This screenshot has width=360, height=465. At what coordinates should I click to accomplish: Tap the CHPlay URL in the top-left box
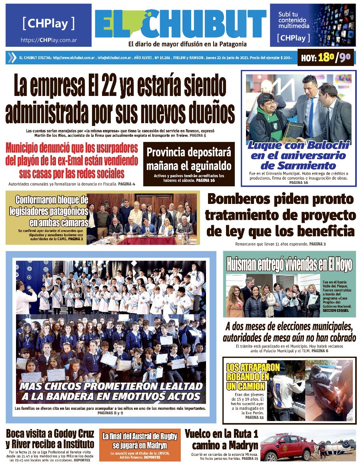[48, 40]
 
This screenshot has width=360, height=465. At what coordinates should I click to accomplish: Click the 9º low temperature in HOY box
[345, 58]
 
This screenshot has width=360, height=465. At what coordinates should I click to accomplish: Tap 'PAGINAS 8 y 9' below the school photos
[110, 413]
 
